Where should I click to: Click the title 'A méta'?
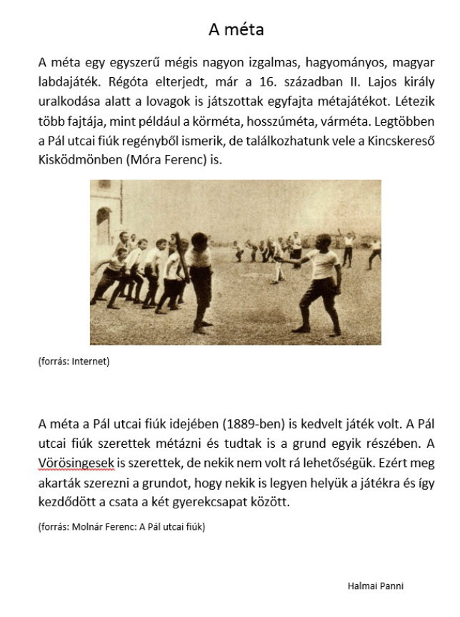pos(236,29)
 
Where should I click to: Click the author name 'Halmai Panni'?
pos(375,586)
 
